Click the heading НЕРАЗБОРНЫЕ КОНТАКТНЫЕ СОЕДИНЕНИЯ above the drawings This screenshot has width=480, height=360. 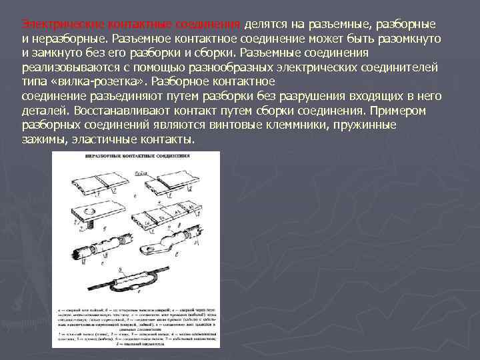click(x=137, y=157)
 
